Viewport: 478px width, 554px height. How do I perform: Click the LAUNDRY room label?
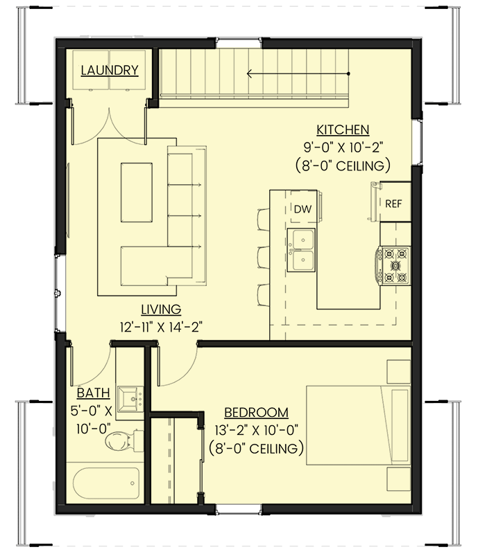click(110, 70)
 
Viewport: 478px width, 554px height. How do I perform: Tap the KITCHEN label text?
click(343, 129)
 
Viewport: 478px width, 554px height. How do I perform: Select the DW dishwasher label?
click(301, 208)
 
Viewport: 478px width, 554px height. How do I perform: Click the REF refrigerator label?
click(393, 204)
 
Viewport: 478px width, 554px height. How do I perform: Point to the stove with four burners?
click(393, 265)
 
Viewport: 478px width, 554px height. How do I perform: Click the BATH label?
click(93, 393)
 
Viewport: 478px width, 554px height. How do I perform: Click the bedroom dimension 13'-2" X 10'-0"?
click(257, 430)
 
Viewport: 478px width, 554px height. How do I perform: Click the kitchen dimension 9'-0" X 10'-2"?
click(343, 148)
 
